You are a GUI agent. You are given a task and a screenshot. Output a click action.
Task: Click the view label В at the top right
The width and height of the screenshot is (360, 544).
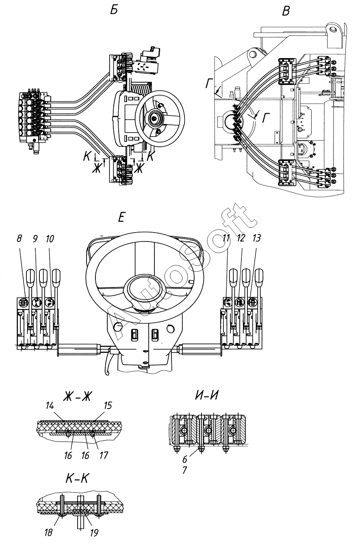pyautogui.click(x=286, y=11)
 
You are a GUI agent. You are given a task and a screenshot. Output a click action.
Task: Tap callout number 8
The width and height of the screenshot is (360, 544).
pyautogui.click(x=20, y=239)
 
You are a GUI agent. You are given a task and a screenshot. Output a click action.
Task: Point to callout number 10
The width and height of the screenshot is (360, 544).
pyautogui.click(x=50, y=239)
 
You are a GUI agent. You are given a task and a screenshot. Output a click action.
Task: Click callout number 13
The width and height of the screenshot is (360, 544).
pyautogui.click(x=256, y=238)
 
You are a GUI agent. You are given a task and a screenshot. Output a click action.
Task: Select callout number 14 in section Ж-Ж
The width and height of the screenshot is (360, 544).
pyautogui.click(x=49, y=406)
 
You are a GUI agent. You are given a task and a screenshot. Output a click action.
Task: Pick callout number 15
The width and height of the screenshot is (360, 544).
pyautogui.click(x=108, y=405)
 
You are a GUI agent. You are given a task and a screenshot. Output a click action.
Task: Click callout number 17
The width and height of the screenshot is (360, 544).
pyautogui.click(x=104, y=455)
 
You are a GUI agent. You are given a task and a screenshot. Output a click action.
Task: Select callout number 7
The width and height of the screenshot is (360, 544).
pyautogui.click(x=185, y=470)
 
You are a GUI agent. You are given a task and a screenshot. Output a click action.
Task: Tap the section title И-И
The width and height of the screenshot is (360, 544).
pyautogui.click(x=206, y=395)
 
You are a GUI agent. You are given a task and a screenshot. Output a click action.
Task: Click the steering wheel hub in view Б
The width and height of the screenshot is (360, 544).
pyautogui.click(x=154, y=118)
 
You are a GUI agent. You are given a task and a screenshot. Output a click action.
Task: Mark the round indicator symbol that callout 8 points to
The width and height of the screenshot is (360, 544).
pyautogui.click(x=23, y=302)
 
